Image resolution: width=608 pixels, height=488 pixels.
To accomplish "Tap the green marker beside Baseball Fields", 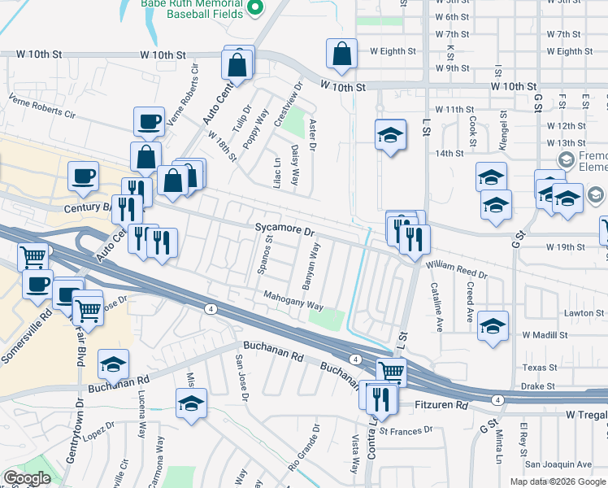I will (255, 7).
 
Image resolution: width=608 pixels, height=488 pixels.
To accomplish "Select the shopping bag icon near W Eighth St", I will (341, 54).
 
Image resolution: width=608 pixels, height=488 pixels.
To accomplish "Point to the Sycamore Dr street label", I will (284, 231).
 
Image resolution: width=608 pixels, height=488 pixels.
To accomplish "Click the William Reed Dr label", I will (458, 270).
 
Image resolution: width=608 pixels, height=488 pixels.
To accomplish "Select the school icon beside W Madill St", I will (493, 325).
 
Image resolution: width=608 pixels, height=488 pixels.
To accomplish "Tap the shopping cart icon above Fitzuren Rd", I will (391, 371).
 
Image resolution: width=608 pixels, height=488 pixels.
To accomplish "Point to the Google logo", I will (27, 478).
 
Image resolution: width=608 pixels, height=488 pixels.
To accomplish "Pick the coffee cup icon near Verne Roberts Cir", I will (149, 121).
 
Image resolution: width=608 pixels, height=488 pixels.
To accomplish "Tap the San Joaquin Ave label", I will (558, 464).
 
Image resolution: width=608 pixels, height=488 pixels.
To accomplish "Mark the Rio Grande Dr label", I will (303, 447).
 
